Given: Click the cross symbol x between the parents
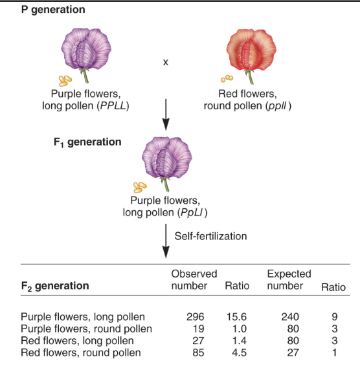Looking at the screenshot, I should (165, 63).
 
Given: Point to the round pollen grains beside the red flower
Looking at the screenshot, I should (225, 78).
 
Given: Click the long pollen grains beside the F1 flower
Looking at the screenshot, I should (140, 188).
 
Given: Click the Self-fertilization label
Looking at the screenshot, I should (210, 236).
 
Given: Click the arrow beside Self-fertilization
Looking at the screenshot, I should (165, 243).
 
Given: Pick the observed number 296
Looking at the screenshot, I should (194, 317).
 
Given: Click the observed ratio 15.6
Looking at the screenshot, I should (234, 317).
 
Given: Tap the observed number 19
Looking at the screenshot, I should (197, 329).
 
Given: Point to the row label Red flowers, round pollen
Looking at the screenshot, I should (81, 352).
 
